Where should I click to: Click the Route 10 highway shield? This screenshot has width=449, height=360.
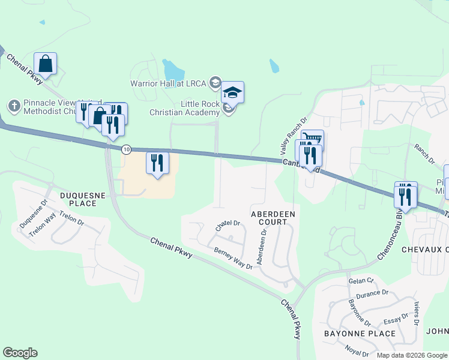point(125,148)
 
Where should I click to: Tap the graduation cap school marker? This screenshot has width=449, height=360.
point(232,92)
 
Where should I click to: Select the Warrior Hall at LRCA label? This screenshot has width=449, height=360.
point(170,82)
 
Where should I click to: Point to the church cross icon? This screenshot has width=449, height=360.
point(13,106)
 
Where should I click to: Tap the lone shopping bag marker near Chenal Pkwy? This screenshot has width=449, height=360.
point(46,63)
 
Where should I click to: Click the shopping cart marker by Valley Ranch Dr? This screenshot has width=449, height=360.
point(312,140)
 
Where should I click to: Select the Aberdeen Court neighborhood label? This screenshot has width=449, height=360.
point(273,217)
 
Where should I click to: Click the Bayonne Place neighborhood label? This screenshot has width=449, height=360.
point(359,333)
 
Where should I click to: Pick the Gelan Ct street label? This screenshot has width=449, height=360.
point(361,281)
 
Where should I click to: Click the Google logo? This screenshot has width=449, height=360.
point(20,353)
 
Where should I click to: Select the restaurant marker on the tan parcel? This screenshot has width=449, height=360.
point(158,163)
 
